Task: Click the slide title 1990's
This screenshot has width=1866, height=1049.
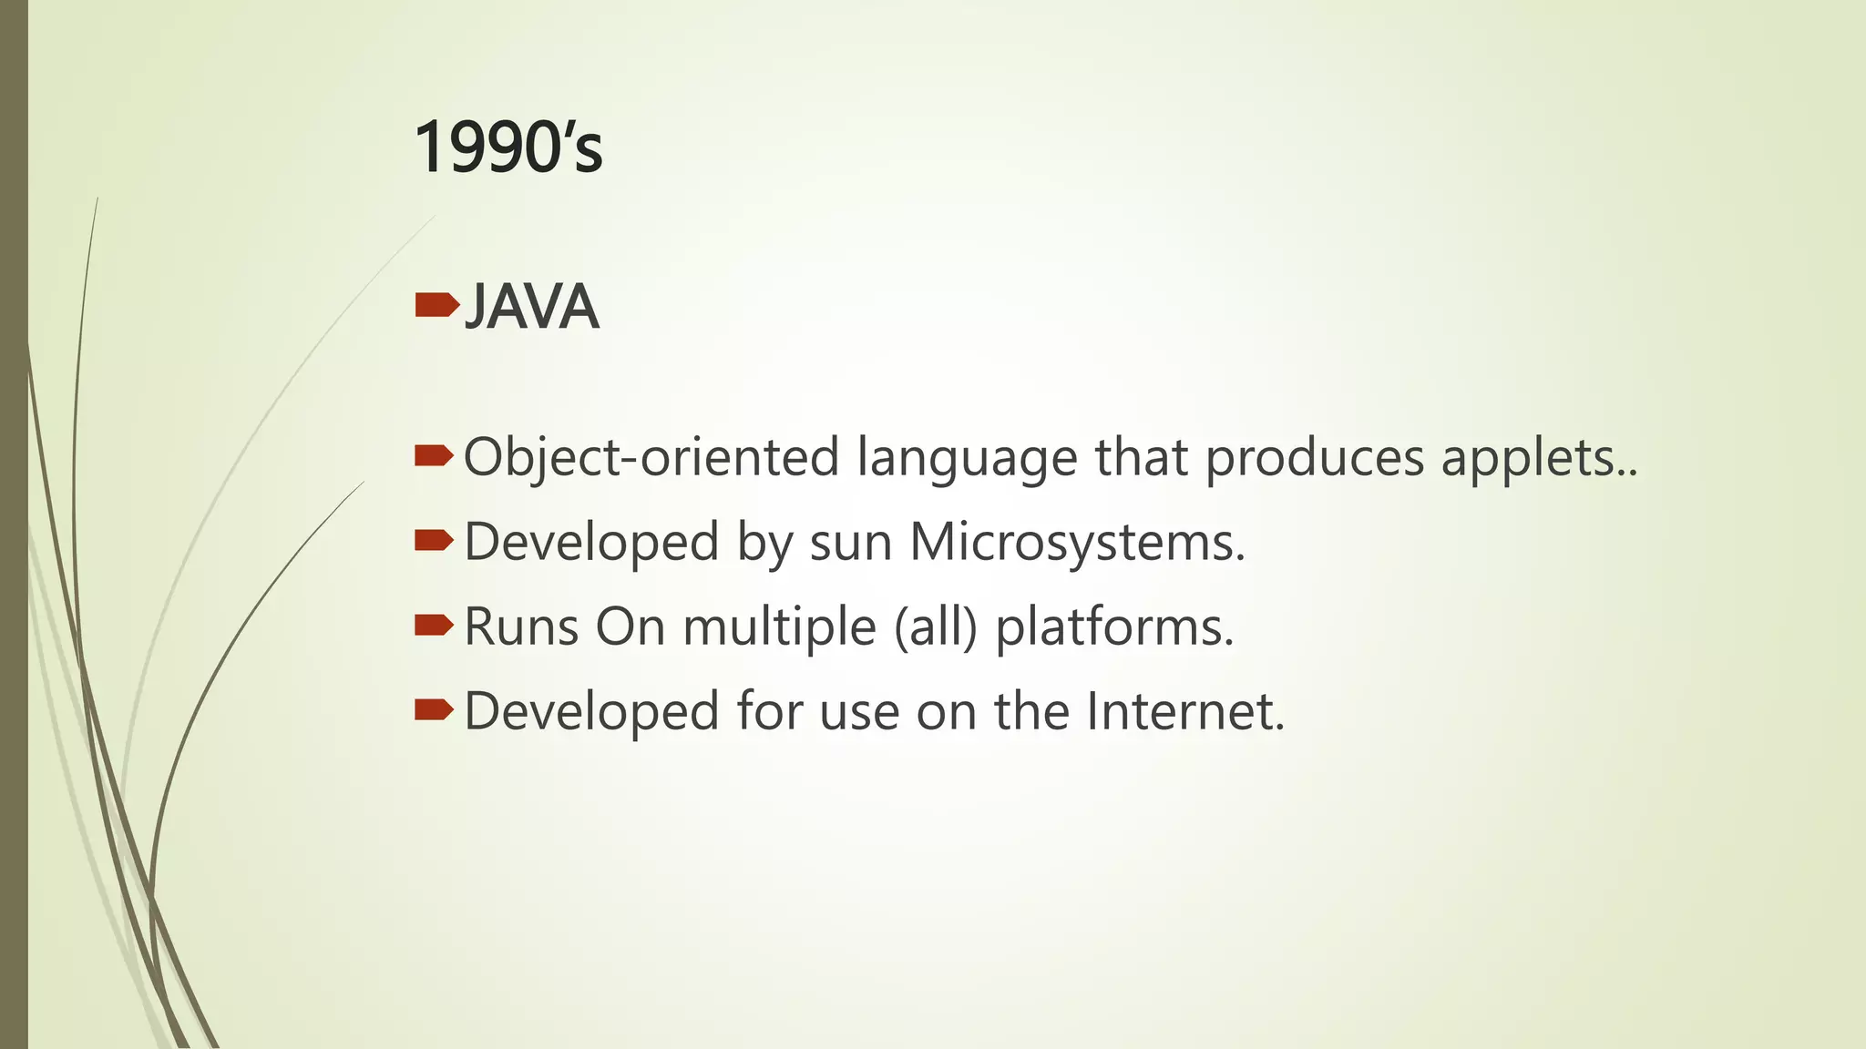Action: pos(508,148)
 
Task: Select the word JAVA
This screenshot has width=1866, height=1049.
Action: pos(531,307)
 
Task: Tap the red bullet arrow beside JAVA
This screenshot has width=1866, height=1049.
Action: pos(436,305)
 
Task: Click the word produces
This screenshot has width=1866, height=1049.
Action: pos(1315,457)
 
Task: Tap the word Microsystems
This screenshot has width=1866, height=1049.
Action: pos(1076,542)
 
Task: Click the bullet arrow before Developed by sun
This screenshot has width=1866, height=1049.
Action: pos(434,541)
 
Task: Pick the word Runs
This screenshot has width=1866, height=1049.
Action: pos(521,626)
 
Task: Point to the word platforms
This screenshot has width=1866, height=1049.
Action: pos(1114,626)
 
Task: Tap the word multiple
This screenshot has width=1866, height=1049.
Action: pos(779,626)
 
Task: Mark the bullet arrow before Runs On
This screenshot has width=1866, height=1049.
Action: pos(434,625)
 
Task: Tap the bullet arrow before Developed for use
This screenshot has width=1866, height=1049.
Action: pos(434,708)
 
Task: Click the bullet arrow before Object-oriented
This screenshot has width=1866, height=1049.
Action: pos(434,455)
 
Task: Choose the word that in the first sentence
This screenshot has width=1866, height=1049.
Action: pos(1141,457)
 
